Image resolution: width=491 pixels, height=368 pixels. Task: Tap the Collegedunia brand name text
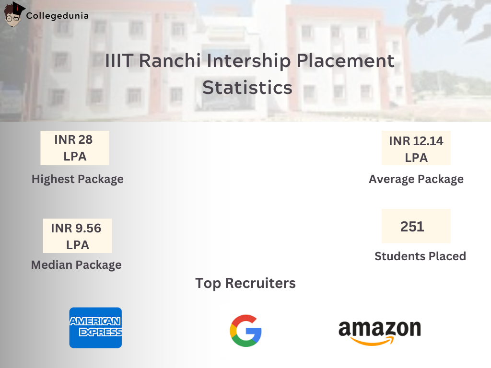58,16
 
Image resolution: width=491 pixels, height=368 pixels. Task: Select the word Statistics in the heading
247,88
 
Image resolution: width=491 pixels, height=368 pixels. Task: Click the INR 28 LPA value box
75,148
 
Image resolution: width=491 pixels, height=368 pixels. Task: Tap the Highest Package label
78,179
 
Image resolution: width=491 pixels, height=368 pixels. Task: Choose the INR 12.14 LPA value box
416,149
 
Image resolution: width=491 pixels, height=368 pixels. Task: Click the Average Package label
416,179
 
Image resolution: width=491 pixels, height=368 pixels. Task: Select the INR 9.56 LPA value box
77,236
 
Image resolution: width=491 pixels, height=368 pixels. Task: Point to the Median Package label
76,264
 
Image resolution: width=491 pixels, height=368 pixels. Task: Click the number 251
412,226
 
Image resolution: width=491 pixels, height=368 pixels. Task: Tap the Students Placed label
420,256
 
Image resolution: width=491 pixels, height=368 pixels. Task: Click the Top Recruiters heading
245,283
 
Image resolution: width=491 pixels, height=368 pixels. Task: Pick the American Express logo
95,327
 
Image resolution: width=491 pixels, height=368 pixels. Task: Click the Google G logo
245,331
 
